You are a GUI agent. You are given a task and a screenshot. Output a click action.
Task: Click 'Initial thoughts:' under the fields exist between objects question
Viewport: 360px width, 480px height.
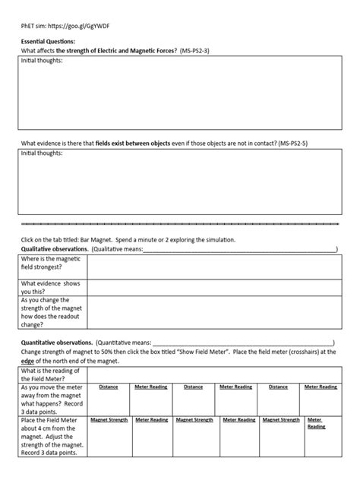[x=43, y=153]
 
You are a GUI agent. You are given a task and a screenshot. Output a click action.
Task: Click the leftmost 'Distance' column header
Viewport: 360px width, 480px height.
[x=109, y=387]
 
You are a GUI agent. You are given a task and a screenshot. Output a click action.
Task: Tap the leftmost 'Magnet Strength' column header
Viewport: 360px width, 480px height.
[x=109, y=419]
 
